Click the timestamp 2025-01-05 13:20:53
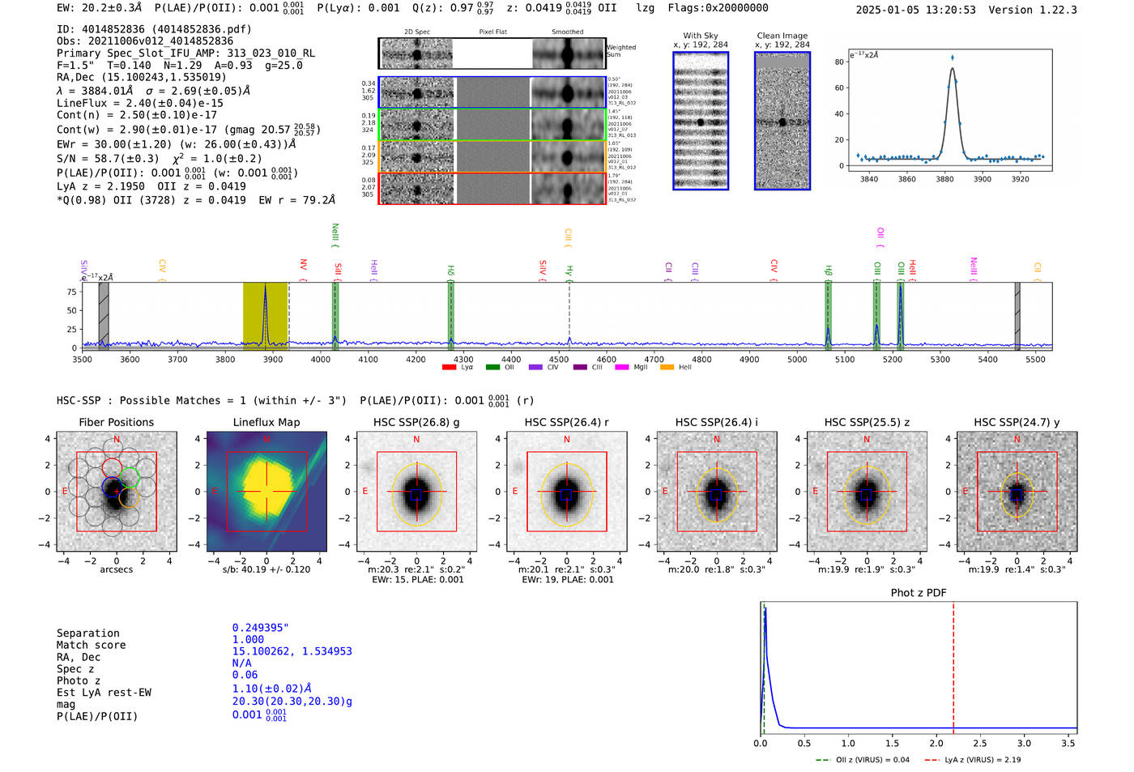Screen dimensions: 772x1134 pos(915,10)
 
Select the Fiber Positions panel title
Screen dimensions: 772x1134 pos(116,422)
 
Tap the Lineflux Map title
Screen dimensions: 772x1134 pos(266,422)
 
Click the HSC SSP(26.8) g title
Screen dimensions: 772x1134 pos(416,422)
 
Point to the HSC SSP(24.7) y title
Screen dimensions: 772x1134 pos(1017,422)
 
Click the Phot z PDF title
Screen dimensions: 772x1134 pos(919,593)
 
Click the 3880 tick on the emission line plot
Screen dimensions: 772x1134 pos(944,178)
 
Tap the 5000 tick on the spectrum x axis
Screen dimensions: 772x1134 pos(797,359)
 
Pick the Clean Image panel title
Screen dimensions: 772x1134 pos(782,36)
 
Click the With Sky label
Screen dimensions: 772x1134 pos(701,36)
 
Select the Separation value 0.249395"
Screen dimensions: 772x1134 pos(260,628)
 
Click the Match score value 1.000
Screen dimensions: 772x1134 pos(248,639)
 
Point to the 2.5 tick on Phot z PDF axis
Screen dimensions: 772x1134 pos(980,743)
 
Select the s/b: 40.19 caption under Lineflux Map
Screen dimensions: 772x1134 pos(266,569)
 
